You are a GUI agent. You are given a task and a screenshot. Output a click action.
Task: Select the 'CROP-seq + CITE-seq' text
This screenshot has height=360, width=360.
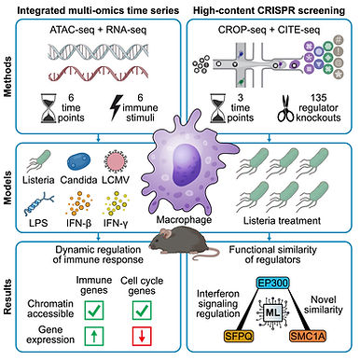click(268, 35)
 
